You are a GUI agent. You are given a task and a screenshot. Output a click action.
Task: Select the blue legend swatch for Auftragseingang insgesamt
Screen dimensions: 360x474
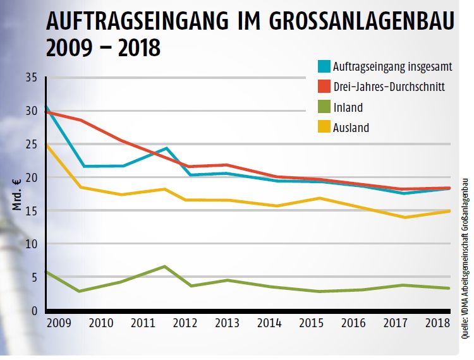pos(324,66)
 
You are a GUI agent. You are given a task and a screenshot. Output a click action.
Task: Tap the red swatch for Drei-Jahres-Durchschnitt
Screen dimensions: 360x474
pos(324,87)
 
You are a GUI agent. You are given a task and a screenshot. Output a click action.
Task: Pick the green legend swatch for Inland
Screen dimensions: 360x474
pos(324,107)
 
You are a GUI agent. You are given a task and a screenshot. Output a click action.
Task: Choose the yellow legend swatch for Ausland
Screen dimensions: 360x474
pos(324,128)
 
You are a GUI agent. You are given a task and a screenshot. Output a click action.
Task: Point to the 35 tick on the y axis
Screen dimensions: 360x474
pos(31,78)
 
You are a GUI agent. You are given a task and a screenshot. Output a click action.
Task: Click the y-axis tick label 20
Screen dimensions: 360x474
pos(31,177)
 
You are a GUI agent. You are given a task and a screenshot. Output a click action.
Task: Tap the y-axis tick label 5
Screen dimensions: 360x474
pos(34,277)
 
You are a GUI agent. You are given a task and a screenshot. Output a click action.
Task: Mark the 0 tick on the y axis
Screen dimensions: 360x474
pos(34,310)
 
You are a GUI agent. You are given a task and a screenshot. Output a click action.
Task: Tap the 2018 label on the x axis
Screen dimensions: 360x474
pos(437,323)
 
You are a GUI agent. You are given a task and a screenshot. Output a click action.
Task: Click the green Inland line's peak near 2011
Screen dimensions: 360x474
pos(164,267)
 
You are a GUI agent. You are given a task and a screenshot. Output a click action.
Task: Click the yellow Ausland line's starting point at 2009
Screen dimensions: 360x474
pos(47,145)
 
